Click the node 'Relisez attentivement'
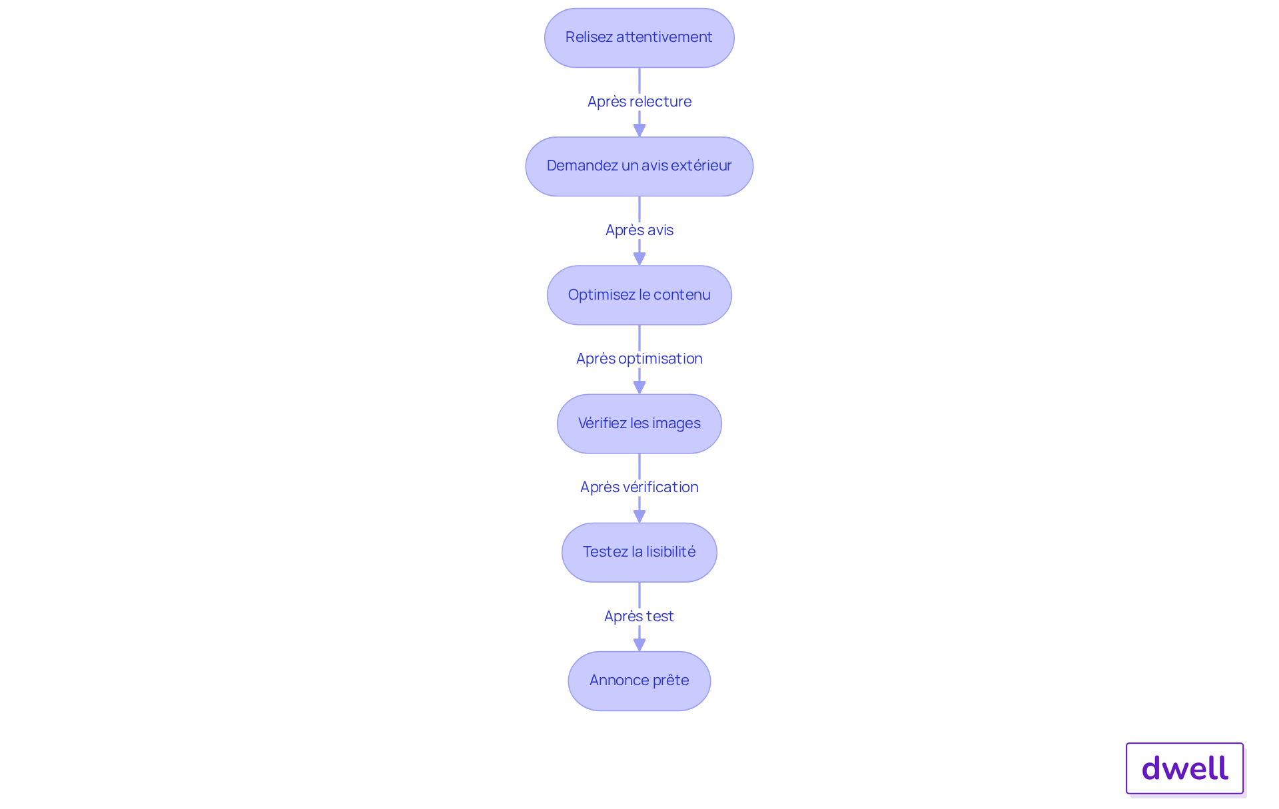click(x=639, y=38)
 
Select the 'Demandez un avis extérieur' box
click(x=639, y=166)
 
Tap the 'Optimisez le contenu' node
click(x=639, y=295)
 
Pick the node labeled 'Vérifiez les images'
click(x=639, y=423)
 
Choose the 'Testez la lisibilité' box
click(x=639, y=552)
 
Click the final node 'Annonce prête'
click(x=639, y=680)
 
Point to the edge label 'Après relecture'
click(x=639, y=101)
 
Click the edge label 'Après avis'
click(x=639, y=230)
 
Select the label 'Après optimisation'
click(x=639, y=358)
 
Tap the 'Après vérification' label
click(x=639, y=487)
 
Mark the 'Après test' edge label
click(x=639, y=616)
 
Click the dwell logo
click(x=1185, y=768)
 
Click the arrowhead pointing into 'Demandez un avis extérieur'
click(x=639, y=130)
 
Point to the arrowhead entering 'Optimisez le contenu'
click(x=639, y=258)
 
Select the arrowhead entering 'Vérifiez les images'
click(x=639, y=387)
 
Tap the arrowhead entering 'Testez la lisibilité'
click(x=639, y=515)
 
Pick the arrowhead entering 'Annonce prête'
click(x=639, y=645)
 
